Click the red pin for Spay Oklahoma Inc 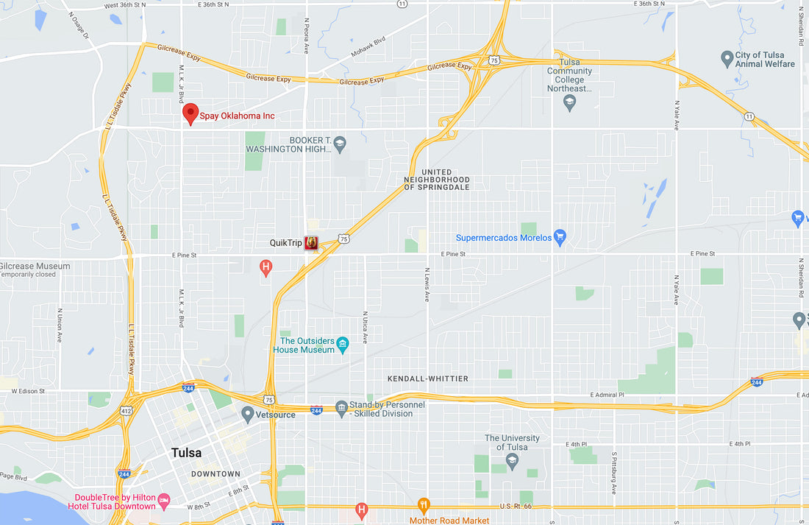pyautogui.click(x=190, y=113)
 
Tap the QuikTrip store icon pyautogui.click(x=311, y=243)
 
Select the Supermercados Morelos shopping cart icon pyautogui.click(x=560, y=237)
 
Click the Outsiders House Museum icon pyautogui.click(x=342, y=344)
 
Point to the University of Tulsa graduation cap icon pyautogui.click(x=513, y=461)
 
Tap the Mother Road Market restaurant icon pyautogui.click(x=423, y=507)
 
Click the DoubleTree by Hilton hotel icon pyautogui.click(x=164, y=501)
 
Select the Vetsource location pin pyautogui.click(x=248, y=414)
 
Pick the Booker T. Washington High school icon pyautogui.click(x=339, y=144)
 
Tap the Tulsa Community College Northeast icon pyautogui.click(x=569, y=104)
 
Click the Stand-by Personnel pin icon pyautogui.click(x=341, y=408)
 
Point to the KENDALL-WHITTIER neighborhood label pyautogui.click(x=427, y=378)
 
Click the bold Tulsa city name pyautogui.click(x=186, y=453)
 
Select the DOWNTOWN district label pyautogui.click(x=215, y=473)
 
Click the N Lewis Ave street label pyautogui.click(x=426, y=285)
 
